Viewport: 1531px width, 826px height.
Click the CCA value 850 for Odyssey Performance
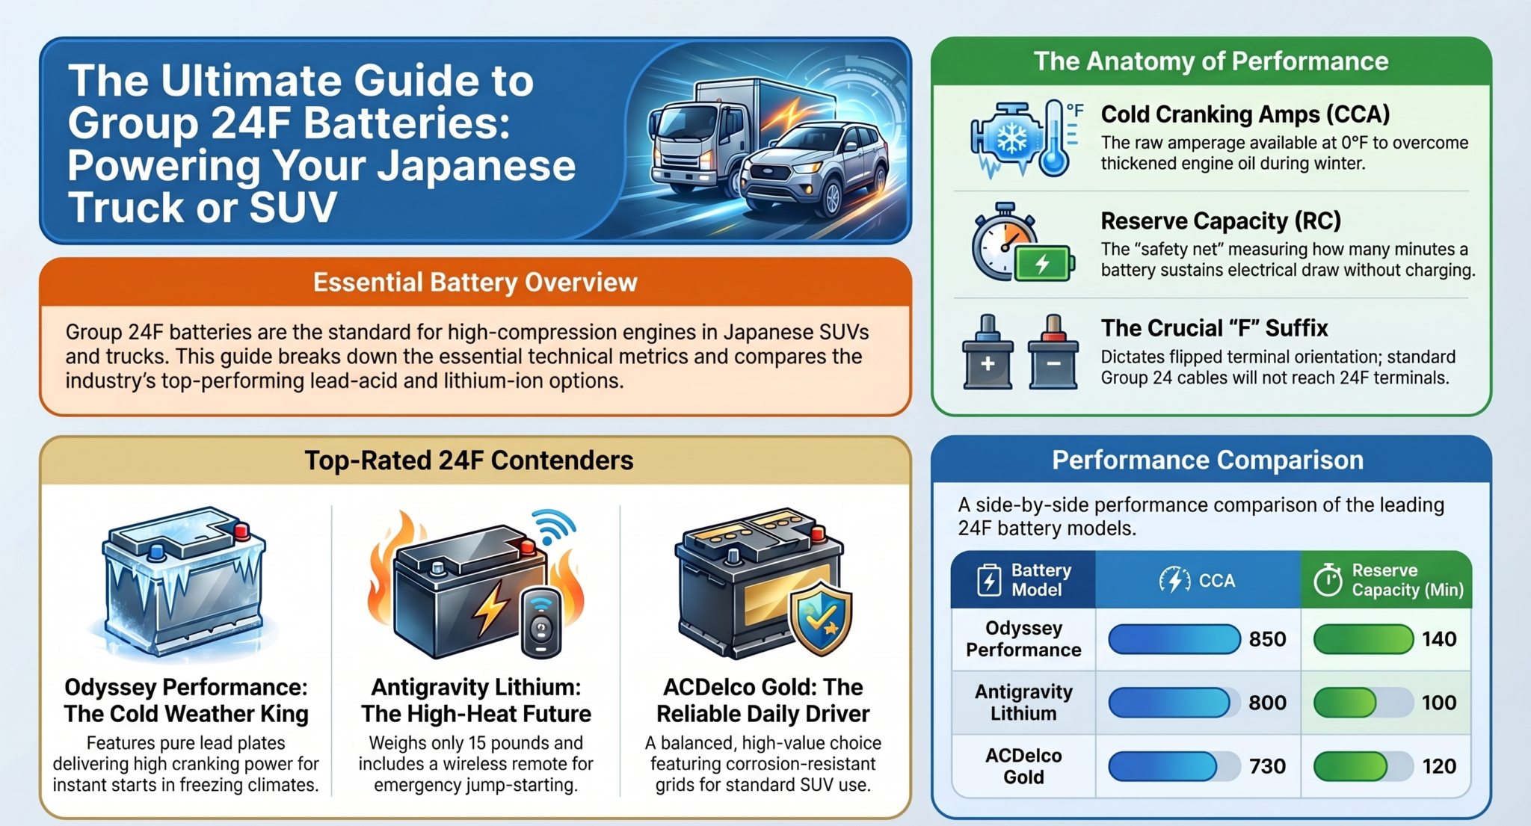[1267, 639]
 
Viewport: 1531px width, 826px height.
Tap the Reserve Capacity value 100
[1438, 703]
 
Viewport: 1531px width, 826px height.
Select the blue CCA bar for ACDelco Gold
[1163, 766]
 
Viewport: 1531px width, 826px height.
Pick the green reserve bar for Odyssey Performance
[1363, 639]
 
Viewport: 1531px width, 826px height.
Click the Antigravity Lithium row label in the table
[1023, 703]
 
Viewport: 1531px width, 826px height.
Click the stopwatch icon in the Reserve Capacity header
[1328, 580]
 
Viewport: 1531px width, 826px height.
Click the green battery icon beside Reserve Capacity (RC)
[1044, 263]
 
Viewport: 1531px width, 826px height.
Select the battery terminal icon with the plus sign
[988, 352]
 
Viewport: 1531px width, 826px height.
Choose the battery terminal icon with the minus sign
[1053, 352]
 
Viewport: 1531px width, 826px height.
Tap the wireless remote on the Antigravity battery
[540, 623]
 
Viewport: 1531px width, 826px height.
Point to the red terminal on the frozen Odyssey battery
[241, 531]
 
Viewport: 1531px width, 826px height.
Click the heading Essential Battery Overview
[475, 283]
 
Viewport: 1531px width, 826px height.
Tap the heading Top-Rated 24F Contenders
[469, 460]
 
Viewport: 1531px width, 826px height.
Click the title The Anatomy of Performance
[1211, 61]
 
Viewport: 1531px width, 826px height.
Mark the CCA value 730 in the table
[1267, 766]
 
